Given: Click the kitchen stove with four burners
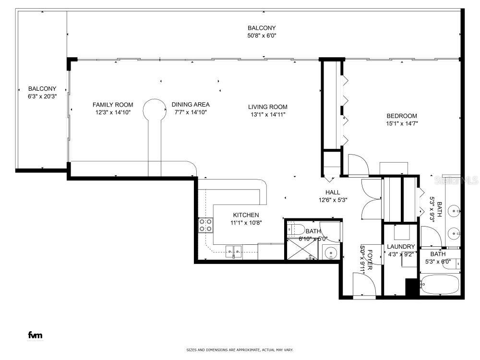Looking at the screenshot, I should tap(206, 225).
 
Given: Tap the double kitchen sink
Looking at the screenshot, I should tap(235, 251).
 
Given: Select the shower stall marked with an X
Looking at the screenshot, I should tap(302, 249).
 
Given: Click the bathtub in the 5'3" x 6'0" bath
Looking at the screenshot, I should tap(440, 285).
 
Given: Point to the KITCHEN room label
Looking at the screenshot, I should tap(246, 215).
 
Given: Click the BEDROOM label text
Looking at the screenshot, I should tap(402, 116).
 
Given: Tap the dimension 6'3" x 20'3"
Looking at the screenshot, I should tap(42, 96).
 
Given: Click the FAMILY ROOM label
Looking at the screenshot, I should tap(113, 105).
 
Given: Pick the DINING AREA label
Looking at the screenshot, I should tap(191, 105).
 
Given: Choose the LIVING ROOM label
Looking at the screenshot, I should tap(267, 107).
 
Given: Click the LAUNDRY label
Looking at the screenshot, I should tap(400, 247).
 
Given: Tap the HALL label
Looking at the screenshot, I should tap(333, 192).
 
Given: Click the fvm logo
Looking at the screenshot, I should tap(35, 335).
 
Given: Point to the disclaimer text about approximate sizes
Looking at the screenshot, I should tap(240, 350).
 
